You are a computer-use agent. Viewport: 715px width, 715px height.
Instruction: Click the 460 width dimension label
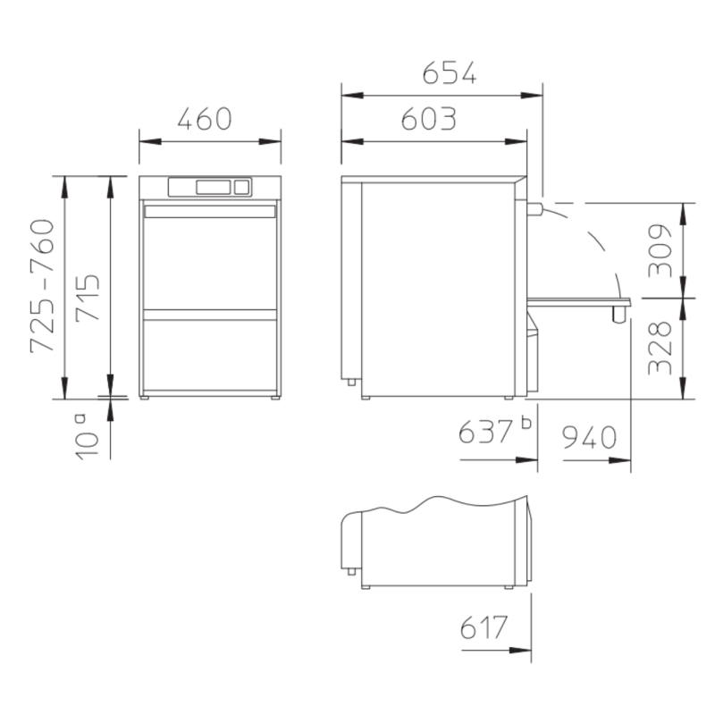pyautogui.click(x=205, y=119)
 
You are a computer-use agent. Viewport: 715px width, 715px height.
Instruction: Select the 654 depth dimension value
pyautogui.click(x=450, y=73)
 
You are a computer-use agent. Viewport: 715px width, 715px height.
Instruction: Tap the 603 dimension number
pyautogui.click(x=429, y=119)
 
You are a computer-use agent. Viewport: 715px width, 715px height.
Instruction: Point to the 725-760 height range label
pyautogui.click(x=42, y=286)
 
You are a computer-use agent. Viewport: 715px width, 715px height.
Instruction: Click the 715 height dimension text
pyautogui.click(x=88, y=299)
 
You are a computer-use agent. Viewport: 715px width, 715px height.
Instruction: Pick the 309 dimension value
pyautogui.click(x=660, y=250)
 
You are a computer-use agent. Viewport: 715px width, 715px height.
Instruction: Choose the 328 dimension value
pyautogui.click(x=660, y=348)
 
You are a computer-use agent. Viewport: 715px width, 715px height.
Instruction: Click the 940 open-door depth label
pyautogui.click(x=589, y=437)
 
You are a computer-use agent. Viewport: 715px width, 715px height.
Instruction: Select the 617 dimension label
pyautogui.click(x=484, y=628)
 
